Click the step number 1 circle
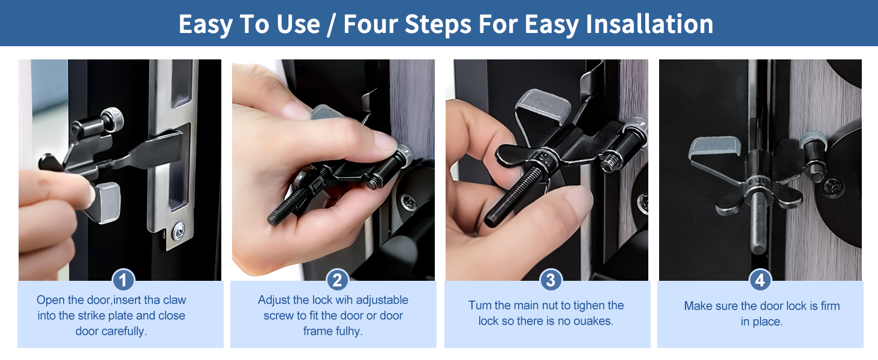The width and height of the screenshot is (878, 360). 124,280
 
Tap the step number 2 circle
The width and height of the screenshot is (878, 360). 337,280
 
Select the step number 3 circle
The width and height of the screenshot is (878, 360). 551,280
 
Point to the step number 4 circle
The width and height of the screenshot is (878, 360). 760,280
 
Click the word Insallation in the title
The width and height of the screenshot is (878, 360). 649,24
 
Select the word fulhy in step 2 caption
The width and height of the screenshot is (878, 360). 347,331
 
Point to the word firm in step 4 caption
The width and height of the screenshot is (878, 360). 830,306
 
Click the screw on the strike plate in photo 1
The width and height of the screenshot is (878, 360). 178,229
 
